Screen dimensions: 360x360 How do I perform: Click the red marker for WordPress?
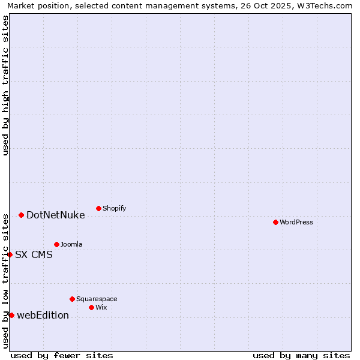[275, 222]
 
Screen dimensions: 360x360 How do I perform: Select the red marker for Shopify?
[98, 208]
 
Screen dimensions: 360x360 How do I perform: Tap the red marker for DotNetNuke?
[21, 215]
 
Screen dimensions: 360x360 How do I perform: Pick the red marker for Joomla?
[56, 244]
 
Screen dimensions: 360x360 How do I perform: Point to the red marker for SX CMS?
[10, 254]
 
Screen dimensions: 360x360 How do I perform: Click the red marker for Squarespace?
[72, 299]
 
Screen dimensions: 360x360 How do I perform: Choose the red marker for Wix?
[91, 307]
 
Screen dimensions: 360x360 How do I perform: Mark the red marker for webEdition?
[11, 315]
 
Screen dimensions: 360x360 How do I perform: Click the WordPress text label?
[296, 222]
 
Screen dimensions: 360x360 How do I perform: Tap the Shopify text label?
[114, 208]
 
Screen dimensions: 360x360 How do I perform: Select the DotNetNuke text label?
[55, 215]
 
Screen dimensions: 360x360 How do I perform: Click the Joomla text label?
[71, 244]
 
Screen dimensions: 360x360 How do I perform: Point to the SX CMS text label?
[34, 254]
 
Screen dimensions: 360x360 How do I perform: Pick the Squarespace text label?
[97, 299]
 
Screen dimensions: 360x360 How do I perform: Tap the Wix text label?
[101, 307]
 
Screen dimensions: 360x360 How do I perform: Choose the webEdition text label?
[43, 315]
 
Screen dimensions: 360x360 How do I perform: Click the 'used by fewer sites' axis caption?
[62, 355]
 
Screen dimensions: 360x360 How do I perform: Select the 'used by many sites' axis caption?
[301, 355]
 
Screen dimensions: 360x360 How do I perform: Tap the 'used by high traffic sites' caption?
[5, 85]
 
